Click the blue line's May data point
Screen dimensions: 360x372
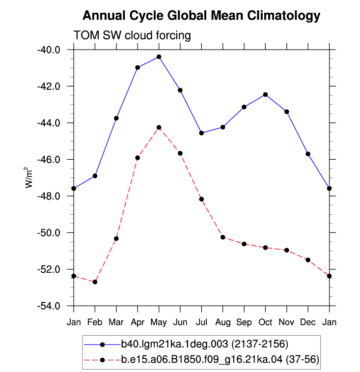pyautogui.click(x=159, y=57)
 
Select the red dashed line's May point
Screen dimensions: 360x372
pyautogui.click(x=159, y=127)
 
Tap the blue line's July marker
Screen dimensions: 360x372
pyautogui.click(x=201, y=133)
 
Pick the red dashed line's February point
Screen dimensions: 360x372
pyautogui.click(x=95, y=282)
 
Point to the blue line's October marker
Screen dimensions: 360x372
pyautogui.click(x=265, y=95)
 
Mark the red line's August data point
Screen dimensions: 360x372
pyautogui.click(x=222, y=237)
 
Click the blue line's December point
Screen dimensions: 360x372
pyautogui.click(x=308, y=154)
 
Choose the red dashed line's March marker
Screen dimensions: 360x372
pyautogui.click(x=116, y=238)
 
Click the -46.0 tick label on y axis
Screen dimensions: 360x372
pyautogui.click(x=49, y=160)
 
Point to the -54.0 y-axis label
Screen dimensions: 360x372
pyautogui.click(x=49, y=306)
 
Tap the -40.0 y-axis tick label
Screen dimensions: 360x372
pyautogui.click(x=49, y=50)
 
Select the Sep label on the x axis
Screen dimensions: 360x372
pyautogui.click(x=244, y=322)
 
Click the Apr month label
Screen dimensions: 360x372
pyautogui.click(x=138, y=322)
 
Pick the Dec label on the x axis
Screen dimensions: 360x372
pyautogui.click(x=308, y=322)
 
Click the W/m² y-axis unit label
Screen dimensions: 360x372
pyautogui.click(x=28, y=177)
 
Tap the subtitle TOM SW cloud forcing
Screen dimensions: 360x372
pyautogui.click(x=132, y=35)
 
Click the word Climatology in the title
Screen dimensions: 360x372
pyautogui.click(x=284, y=16)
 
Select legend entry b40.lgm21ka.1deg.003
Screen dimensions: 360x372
pyautogui.click(x=204, y=344)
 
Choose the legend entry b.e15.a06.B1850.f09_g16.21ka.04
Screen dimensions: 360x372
pyautogui.click(x=220, y=359)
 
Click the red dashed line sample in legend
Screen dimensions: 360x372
pyautogui.click(x=103, y=360)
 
